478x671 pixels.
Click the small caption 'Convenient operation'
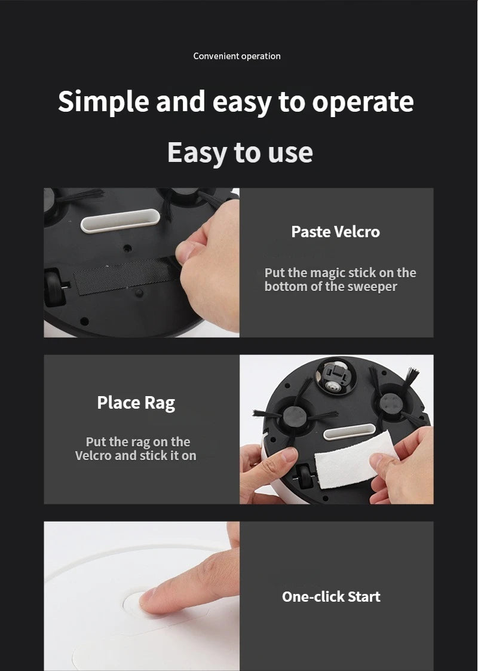click(237, 56)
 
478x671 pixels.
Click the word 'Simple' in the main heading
click(103, 102)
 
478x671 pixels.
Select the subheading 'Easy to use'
click(240, 152)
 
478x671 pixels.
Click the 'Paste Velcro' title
click(335, 232)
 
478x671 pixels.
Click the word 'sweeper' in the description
click(373, 287)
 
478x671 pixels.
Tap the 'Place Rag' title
click(136, 403)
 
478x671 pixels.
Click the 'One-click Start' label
click(331, 596)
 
